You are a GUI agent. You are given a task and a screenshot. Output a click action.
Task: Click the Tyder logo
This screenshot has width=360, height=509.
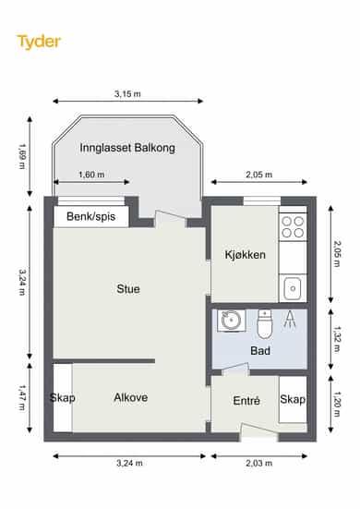39,42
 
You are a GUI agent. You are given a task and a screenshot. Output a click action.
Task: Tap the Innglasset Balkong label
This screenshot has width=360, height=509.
127,148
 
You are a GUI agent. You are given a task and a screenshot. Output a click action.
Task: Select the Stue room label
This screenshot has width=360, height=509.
128,289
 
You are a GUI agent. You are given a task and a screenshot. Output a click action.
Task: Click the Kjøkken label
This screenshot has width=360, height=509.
246,255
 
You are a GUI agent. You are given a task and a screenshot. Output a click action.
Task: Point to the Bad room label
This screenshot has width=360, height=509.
260,351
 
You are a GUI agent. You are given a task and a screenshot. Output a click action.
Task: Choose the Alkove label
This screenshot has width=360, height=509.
131,397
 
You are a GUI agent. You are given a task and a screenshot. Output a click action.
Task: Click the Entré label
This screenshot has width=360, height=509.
246,401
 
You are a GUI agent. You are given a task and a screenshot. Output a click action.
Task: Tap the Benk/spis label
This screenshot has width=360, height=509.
91,216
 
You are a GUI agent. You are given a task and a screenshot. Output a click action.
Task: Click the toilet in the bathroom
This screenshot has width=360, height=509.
265,324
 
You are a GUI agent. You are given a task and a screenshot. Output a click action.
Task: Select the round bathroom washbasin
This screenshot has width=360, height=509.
230,321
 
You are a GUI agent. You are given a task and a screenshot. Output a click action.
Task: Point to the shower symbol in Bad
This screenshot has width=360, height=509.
290,319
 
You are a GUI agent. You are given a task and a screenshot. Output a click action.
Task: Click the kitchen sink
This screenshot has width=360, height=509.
293,288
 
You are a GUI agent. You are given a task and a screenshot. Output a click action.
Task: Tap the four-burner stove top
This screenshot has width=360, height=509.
293,227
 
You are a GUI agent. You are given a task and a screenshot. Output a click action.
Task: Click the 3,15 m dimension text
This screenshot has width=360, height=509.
127,94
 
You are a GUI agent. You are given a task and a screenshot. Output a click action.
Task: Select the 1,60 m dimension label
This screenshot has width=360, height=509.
91,175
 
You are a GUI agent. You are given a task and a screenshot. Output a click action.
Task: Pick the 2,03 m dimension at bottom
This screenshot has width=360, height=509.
258,463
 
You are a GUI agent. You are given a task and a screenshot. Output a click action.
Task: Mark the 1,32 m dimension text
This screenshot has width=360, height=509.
337,339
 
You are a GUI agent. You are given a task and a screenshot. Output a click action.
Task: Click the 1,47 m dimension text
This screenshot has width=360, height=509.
22,397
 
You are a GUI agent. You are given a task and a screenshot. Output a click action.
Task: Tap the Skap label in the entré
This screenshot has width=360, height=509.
293,399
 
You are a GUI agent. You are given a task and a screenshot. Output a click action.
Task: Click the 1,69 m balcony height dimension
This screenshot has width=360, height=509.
22,156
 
